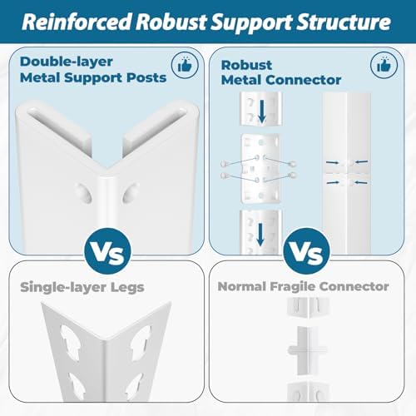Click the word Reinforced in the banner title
(x=77, y=22)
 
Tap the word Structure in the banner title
(x=344, y=22)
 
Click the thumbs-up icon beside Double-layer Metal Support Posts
(x=185, y=66)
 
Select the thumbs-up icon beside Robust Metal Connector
(x=384, y=66)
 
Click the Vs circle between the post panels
(x=108, y=251)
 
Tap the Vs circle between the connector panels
(x=306, y=251)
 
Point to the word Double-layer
(x=67, y=62)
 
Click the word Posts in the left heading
(x=146, y=77)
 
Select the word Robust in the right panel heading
(x=246, y=65)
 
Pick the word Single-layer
(x=63, y=287)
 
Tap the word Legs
(x=127, y=288)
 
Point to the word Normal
(x=242, y=286)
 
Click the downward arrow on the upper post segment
(x=262, y=111)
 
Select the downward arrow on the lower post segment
(x=260, y=235)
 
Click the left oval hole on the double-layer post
(x=84, y=194)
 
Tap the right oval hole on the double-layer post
(x=130, y=192)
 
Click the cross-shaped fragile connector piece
(x=307, y=350)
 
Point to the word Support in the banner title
(x=252, y=22)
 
